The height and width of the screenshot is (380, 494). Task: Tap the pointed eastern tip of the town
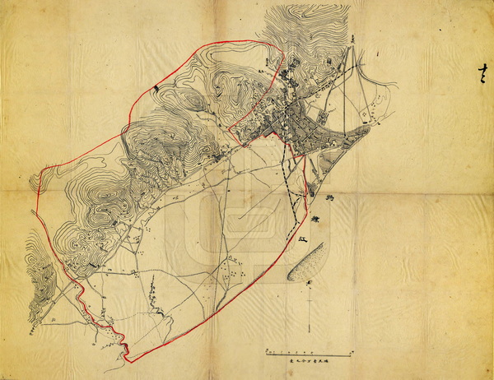coord(368,126)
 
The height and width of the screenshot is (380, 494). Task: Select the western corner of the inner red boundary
coord(226,123)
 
